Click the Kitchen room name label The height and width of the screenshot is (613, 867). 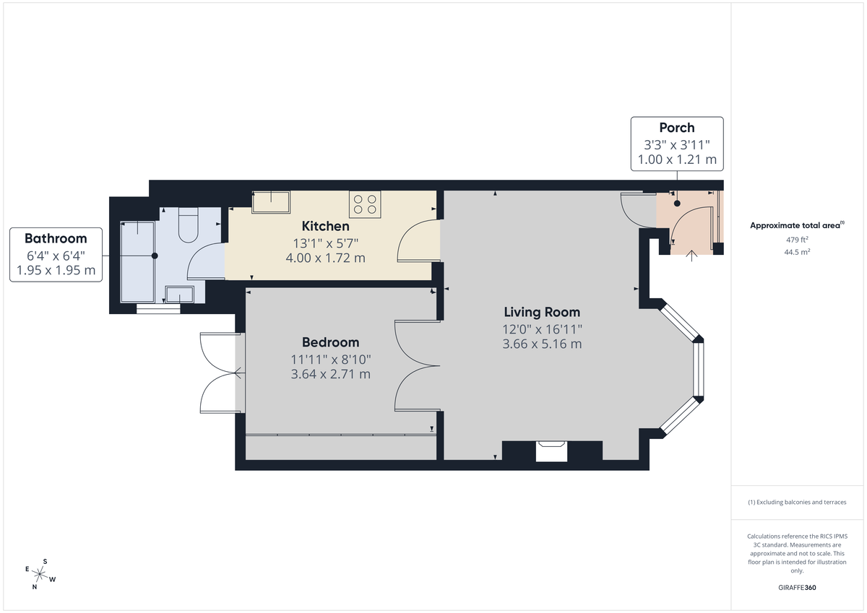pos(325,226)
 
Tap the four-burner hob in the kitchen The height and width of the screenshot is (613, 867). pos(365,204)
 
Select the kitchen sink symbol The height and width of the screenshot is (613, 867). pos(270,201)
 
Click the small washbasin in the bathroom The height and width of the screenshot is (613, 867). pos(179,294)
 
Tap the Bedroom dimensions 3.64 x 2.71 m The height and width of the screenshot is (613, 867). pos(330,374)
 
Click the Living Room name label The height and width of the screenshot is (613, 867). pos(542,313)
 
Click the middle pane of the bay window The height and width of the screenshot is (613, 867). pos(699,369)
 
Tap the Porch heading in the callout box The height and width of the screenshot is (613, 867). pos(676,129)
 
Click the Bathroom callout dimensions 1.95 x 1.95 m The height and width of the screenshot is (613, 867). pos(56,270)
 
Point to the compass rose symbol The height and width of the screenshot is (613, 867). pos(41,575)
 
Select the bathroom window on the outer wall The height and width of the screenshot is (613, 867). pos(158,309)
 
